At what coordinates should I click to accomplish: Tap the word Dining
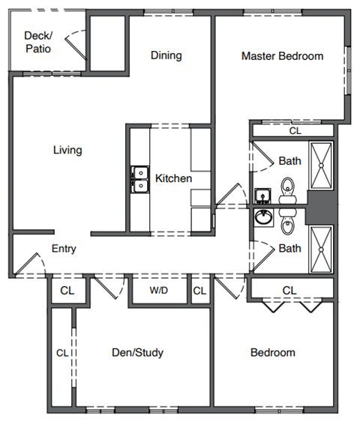point(166,55)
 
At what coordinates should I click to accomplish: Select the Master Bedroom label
point(282,56)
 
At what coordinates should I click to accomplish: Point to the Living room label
point(67,150)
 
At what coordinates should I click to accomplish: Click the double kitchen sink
point(139,179)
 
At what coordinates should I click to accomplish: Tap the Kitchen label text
point(173,178)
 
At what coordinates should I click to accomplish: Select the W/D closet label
point(158,290)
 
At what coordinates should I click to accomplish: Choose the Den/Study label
point(137,353)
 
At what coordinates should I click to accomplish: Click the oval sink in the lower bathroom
point(263,218)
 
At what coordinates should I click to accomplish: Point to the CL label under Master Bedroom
point(295,130)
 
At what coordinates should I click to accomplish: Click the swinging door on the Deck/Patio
point(73,45)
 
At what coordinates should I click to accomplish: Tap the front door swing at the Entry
point(28,264)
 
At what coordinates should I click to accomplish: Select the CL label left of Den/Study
point(63,352)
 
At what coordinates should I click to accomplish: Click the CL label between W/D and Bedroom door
point(199,290)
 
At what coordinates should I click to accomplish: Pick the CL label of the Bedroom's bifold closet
point(289,290)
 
